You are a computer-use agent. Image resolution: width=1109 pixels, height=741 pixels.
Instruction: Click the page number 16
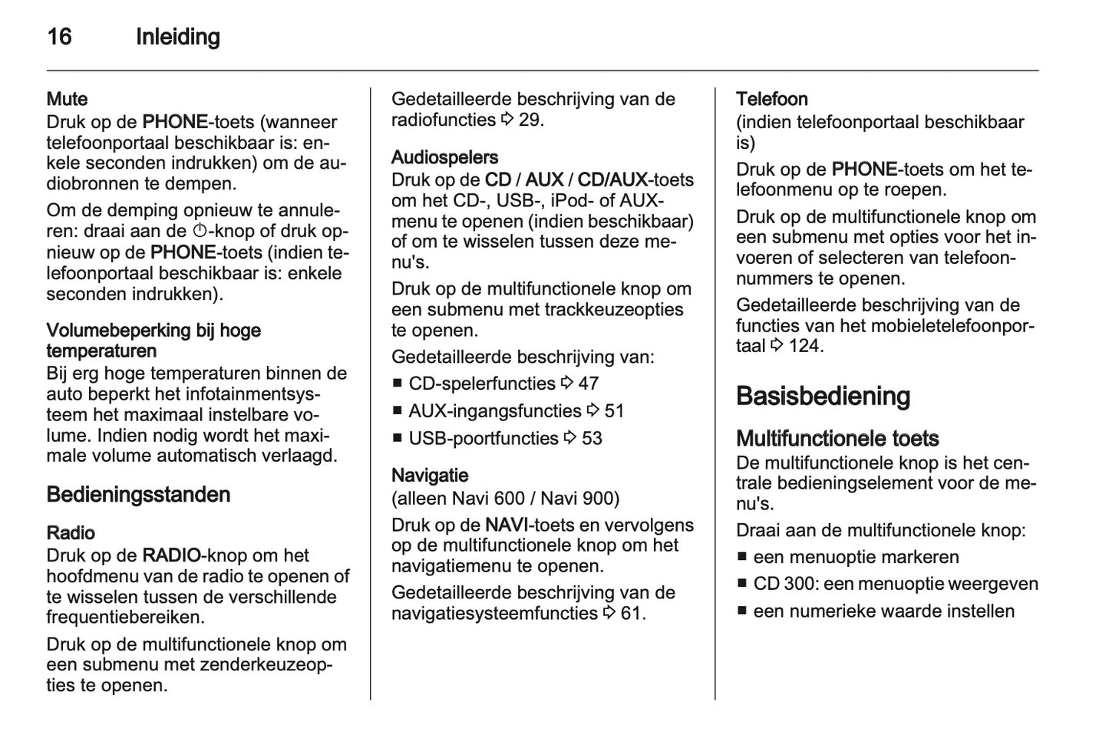(59, 37)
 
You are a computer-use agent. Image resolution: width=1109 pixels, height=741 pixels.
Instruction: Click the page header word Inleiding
(177, 37)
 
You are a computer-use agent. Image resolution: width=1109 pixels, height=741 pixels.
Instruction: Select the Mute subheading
(67, 99)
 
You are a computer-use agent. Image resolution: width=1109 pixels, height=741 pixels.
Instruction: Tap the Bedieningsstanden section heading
(138, 495)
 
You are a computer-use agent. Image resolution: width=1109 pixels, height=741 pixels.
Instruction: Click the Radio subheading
(71, 533)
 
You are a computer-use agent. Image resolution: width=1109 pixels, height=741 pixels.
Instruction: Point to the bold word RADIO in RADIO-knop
(171, 555)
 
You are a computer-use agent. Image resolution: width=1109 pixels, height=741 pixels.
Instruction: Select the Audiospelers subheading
(444, 157)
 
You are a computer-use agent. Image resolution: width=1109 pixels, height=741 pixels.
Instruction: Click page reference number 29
(530, 120)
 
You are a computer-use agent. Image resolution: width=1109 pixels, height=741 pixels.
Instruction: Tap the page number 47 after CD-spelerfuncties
(588, 384)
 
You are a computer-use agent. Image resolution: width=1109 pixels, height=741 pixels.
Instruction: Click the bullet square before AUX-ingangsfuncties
(397, 411)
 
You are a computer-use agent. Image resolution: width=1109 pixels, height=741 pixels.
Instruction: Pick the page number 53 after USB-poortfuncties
(592, 439)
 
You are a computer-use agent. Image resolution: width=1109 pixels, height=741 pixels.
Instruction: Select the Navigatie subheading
(430, 476)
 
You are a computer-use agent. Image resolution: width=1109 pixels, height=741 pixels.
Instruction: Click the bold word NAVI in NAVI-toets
(506, 525)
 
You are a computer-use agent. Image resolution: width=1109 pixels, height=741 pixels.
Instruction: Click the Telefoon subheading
(771, 99)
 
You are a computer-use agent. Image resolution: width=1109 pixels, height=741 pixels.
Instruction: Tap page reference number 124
(805, 346)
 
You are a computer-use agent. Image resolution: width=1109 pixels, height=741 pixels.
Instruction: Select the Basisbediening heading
(823, 397)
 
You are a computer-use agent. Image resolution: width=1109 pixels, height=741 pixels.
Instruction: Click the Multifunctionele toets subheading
(837, 439)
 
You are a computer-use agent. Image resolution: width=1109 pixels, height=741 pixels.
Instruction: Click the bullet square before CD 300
(741, 584)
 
